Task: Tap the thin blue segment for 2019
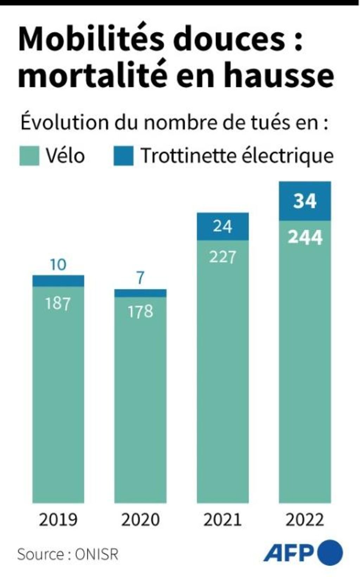tap(58, 281)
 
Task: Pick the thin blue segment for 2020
tap(140, 293)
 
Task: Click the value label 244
tap(305, 237)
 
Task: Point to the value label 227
tap(222, 257)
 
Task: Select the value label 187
tap(58, 303)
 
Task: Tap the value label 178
tap(140, 311)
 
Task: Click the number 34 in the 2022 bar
tap(305, 201)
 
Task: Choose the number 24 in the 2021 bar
tap(222, 226)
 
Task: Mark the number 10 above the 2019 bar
tap(58, 265)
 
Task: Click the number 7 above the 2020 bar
tap(140, 278)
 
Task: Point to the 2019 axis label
tap(58, 520)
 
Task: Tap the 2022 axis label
tap(305, 520)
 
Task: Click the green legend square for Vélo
tap(29, 156)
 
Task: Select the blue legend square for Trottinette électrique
tap(123, 156)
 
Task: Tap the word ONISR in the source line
tap(96, 555)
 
